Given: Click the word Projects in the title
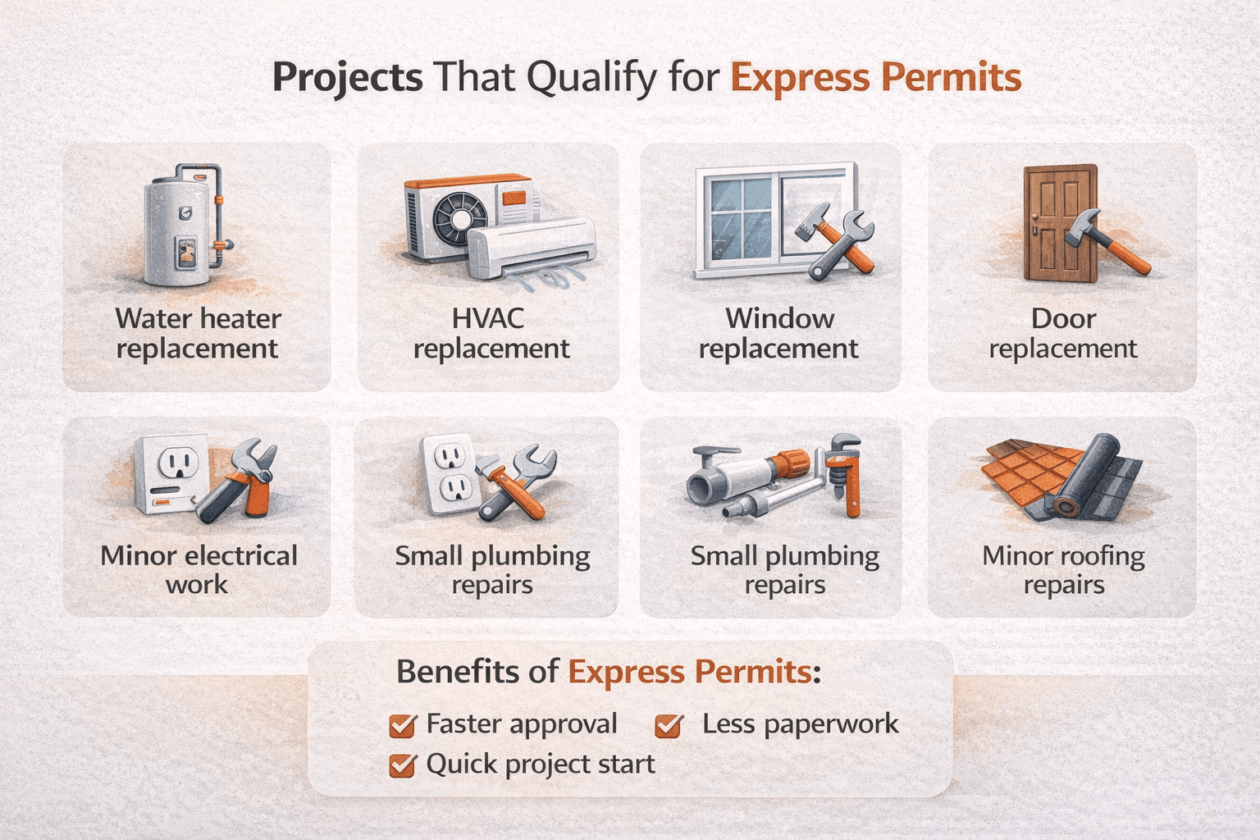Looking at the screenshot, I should coord(347,78).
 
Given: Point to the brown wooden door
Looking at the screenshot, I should coord(1058,222).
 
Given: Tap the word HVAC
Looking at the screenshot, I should coord(488,318).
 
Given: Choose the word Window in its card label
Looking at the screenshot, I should coord(779,318).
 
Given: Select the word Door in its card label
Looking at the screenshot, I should coord(1063,318).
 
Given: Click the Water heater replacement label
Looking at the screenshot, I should coord(198,333).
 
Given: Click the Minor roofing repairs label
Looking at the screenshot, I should coord(1063,570).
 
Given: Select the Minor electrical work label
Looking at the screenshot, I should coord(198,570).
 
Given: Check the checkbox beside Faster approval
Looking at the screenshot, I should coord(401,725).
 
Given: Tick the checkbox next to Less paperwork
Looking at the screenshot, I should coord(669,725).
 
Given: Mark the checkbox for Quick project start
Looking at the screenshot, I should coord(401,765).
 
